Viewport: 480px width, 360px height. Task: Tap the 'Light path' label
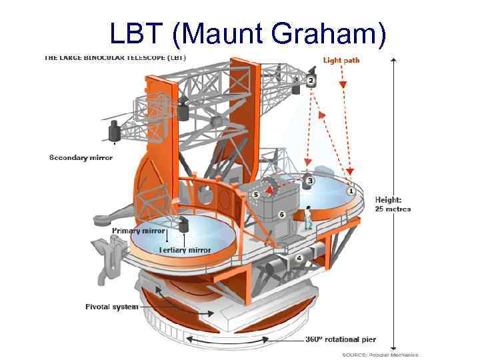(x=341, y=60)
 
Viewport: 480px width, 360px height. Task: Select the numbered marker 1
(x=351, y=191)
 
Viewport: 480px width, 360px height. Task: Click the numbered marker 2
(x=311, y=81)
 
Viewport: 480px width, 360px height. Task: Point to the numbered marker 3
(x=310, y=181)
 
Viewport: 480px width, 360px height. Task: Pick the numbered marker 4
(x=299, y=258)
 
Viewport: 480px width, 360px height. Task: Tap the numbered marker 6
(x=281, y=215)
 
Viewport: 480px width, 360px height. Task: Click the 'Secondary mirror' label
(x=81, y=158)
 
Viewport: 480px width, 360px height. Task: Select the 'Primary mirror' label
(x=138, y=231)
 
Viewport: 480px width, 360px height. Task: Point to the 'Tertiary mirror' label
(x=185, y=250)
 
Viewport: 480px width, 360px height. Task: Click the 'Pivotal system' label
(x=111, y=307)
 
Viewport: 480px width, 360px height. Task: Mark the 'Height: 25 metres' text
(x=393, y=204)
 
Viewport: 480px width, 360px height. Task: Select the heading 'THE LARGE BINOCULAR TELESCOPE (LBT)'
(x=115, y=57)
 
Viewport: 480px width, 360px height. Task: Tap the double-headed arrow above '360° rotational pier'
(x=240, y=341)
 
